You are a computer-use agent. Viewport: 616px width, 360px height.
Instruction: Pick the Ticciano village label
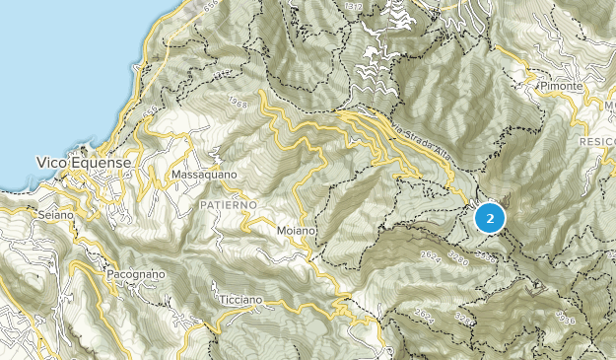[240, 299]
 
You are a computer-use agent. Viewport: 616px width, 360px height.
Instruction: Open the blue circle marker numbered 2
[490, 217]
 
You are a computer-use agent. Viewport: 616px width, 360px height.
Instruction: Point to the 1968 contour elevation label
[236, 102]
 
